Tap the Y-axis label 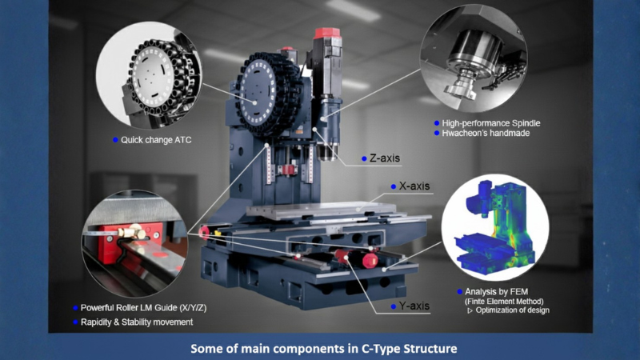[414, 306]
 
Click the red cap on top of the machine [324, 34]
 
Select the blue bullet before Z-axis [364, 158]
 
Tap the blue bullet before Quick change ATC [115, 139]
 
